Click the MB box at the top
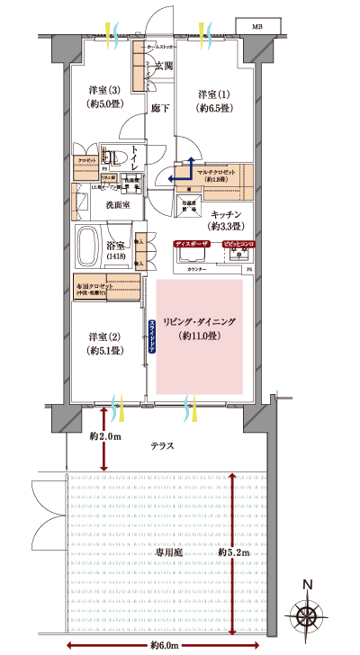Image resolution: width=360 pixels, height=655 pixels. [258, 26]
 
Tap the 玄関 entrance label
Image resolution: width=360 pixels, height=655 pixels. [163, 66]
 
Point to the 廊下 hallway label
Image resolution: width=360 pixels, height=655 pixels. [160, 108]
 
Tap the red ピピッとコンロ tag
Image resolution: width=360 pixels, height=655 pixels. [236, 244]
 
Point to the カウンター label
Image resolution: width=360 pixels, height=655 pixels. [197, 270]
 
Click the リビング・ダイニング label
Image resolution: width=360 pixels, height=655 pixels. [200, 326]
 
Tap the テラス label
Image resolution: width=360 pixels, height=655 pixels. [162, 445]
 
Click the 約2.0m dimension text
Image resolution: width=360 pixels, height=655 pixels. [105, 436]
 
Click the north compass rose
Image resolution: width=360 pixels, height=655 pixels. [309, 618]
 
